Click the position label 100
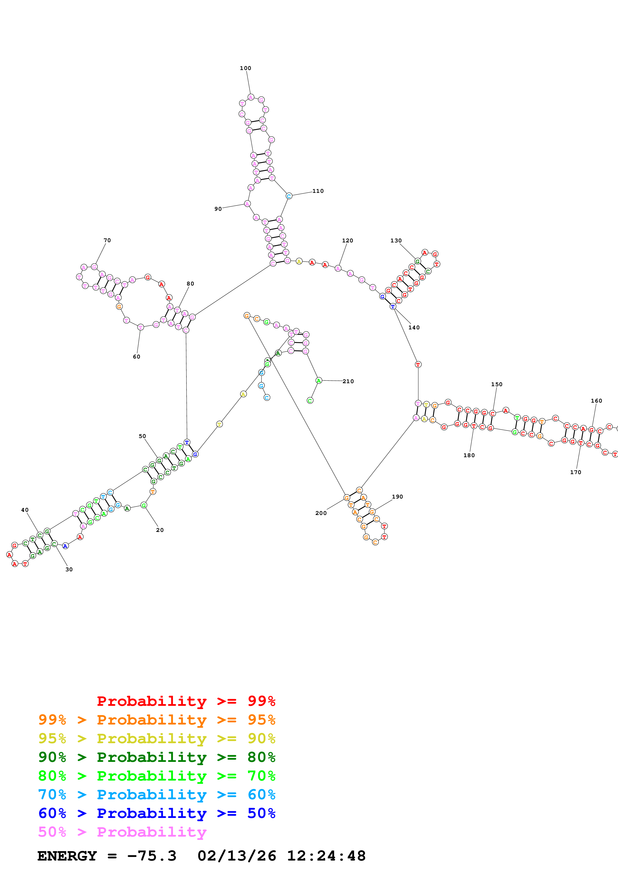(x=245, y=68)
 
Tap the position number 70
(x=107, y=240)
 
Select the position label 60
(x=136, y=357)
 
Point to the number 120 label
(x=347, y=241)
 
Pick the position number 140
(x=414, y=327)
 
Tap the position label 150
(x=497, y=384)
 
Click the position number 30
(x=69, y=570)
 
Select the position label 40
(x=25, y=510)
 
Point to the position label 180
(x=469, y=455)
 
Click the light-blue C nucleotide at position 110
(x=289, y=196)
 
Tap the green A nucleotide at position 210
(x=319, y=380)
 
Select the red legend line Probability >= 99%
(x=186, y=701)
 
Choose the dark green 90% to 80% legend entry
(x=157, y=757)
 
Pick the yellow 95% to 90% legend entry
(x=157, y=738)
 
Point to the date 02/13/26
(x=237, y=856)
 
